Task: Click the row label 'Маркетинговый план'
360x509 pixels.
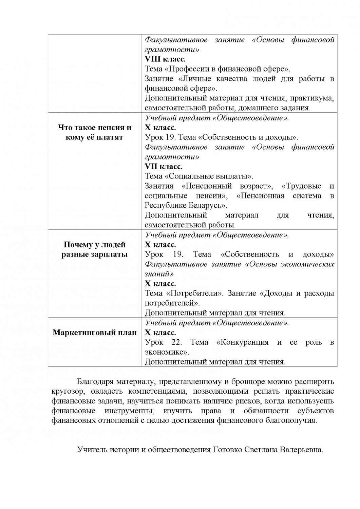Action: pyautogui.click(x=94, y=332)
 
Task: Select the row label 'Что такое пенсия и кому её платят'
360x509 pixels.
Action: pyautogui.click(x=94, y=133)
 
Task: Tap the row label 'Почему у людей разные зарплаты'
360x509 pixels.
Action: pyautogui.click(x=94, y=249)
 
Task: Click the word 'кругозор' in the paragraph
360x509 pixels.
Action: pyautogui.click(x=67, y=391)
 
